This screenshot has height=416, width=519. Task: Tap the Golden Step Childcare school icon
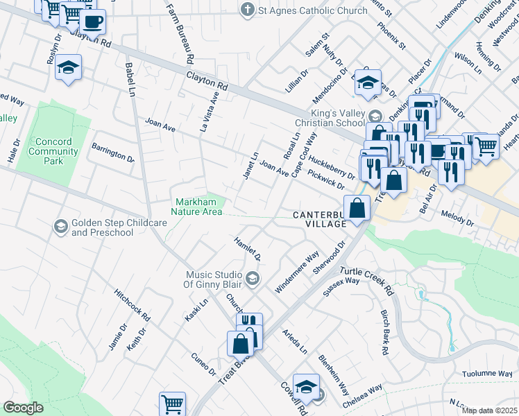(61, 227)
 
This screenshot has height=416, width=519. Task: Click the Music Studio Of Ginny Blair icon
(253, 279)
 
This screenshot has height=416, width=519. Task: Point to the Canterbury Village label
(319, 220)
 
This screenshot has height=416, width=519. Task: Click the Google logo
(23, 408)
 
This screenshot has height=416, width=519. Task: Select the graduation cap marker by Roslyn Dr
(68, 69)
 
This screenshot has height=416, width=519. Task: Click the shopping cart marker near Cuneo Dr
(172, 404)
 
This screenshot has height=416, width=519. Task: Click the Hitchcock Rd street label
(133, 304)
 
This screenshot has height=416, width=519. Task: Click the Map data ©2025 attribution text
(489, 410)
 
